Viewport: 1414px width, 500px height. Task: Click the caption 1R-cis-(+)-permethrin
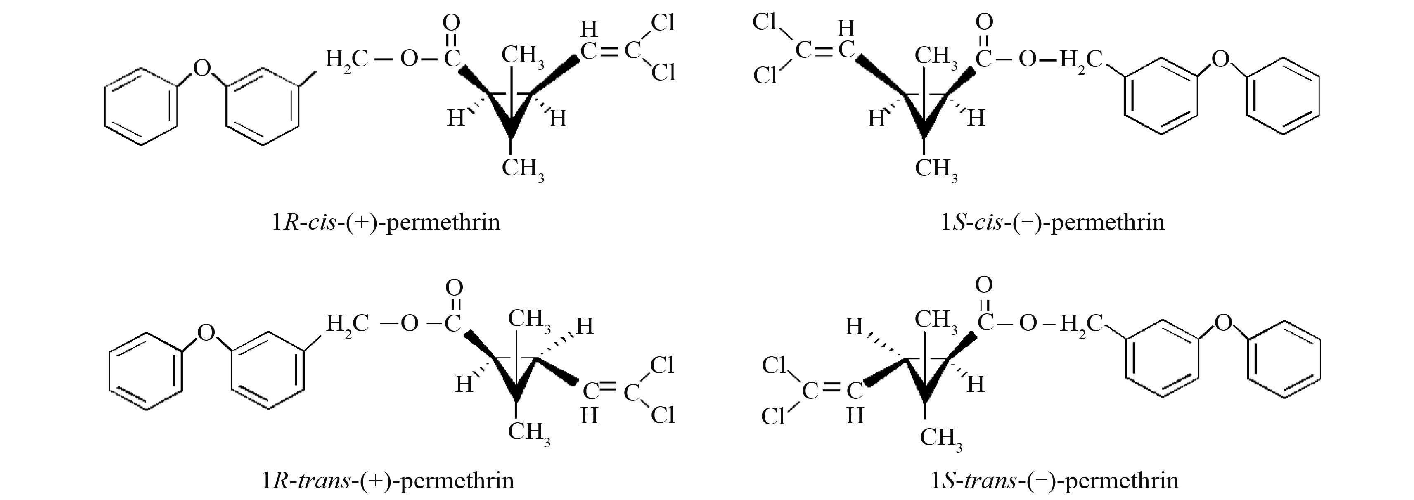click(x=386, y=222)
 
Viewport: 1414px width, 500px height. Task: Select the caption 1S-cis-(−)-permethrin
click(x=1053, y=222)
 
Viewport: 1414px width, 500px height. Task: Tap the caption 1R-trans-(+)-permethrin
click(x=388, y=480)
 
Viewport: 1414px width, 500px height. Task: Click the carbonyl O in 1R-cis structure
click(x=451, y=23)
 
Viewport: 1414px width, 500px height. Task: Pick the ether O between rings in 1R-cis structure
click(x=202, y=69)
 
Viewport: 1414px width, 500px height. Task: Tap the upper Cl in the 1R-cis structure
click(x=663, y=23)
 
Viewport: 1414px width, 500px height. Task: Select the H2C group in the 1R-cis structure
click(x=346, y=59)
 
